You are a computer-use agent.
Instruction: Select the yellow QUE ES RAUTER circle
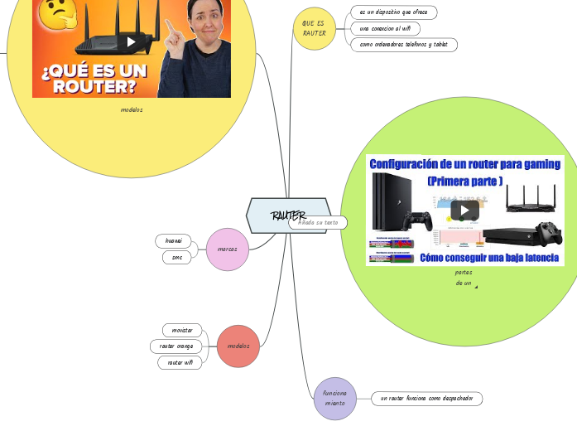click(315, 28)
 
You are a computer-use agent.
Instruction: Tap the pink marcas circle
click(227, 249)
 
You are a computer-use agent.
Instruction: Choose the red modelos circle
click(238, 346)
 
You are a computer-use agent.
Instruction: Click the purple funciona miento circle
click(335, 398)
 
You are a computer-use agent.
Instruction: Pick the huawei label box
click(174, 240)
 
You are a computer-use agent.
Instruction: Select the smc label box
click(177, 257)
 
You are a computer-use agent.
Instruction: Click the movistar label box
click(182, 330)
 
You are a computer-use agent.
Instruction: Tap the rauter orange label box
click(176, 346)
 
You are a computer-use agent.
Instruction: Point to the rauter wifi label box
click(180, 362)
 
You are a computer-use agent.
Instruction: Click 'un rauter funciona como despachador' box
click(426, 399)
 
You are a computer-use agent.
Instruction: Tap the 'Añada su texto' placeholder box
click(318, 222)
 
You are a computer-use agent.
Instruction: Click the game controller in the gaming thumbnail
click(417, 221)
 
